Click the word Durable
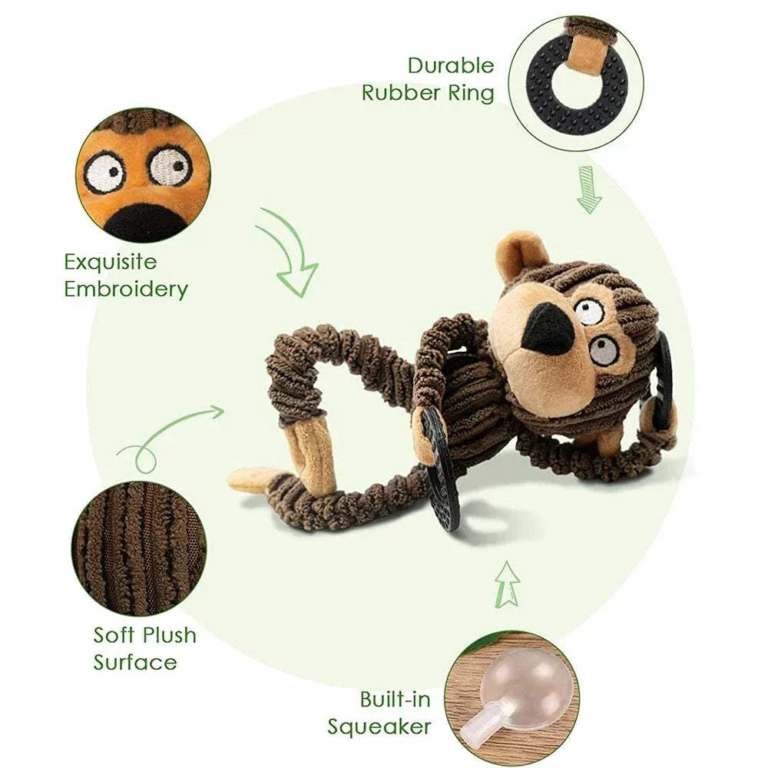pyautogui.click(x=451, y=66)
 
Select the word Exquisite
pyautogui.click(x=111, y=262)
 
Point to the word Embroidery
pyautogui.click(x=126, y=290)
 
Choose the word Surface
pyautogui.click(x=135, y=663)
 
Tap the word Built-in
pyautogui.click(x=396, y=700)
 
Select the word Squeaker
pyautogui.click(x=379, y=727)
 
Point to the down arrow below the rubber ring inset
pyautogui.click(x=589, y=190)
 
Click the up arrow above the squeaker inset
pyautogui.click(x=507, y=584)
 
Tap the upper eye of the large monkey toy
pyautogui.click(x=589, y=310)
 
